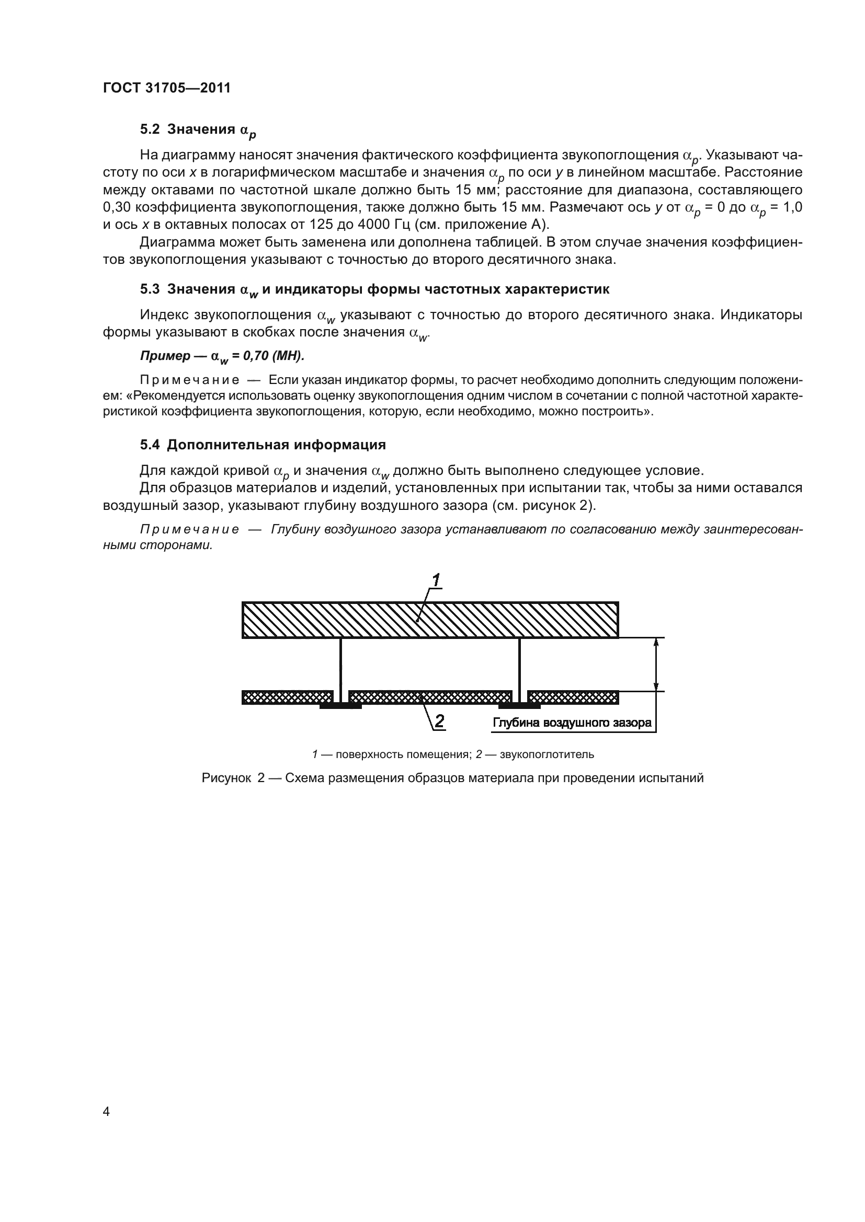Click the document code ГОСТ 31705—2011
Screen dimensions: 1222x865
click(x=167, y=88)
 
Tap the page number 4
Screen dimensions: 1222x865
click(x=106, y=1111)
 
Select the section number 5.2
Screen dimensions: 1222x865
click(x=150, y=130)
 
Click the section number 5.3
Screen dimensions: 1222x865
click(x=150, y=289)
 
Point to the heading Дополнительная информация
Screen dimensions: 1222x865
click(x=277, y=445)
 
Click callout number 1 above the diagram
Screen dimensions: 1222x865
click(x=436, y=579)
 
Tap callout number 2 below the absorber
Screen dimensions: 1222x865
click(x=439, y=721)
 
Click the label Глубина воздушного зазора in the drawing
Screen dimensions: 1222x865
click(x=572, y=723)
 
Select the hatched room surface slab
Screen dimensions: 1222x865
click(x=430, y=620)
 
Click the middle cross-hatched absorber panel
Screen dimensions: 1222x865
click(x=430, y=697)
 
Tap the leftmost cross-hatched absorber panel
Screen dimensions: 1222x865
click(x=287, y=697)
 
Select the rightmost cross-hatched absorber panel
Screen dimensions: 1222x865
click(x=573, y=697)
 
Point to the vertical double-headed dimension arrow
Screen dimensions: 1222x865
click(x=656, y=664)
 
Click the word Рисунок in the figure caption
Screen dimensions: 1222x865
click(x=226, y=778)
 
